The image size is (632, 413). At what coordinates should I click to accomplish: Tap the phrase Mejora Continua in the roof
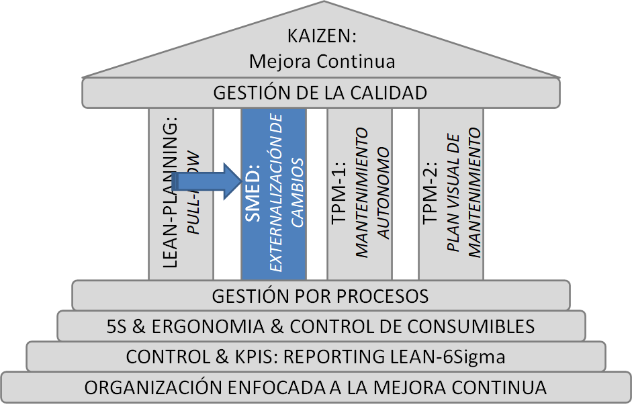321,61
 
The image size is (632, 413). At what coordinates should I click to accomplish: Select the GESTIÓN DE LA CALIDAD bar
320,93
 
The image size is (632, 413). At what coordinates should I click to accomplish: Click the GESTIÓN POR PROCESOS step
320,295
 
